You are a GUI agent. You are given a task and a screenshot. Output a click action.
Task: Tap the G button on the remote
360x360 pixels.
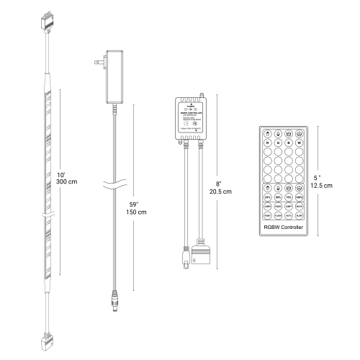279,143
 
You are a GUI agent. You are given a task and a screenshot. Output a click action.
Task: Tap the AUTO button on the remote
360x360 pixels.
289,215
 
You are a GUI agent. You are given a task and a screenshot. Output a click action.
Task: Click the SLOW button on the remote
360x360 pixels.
299,215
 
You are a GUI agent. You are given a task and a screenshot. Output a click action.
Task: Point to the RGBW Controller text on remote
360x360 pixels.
284,228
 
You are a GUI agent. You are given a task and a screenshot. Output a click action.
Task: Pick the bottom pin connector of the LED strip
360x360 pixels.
48,336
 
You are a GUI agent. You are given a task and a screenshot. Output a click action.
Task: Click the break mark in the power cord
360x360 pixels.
115,182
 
